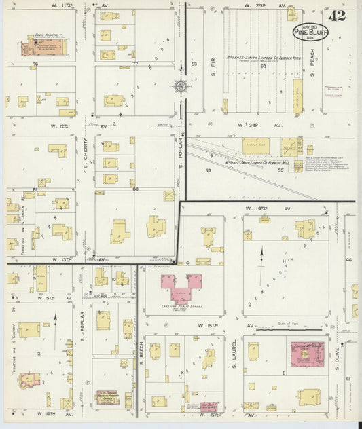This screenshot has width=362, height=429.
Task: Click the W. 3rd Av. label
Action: tap(258, 126)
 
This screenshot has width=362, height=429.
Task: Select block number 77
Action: tap(134, 63)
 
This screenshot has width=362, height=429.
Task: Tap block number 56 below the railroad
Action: tap(208, 171)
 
